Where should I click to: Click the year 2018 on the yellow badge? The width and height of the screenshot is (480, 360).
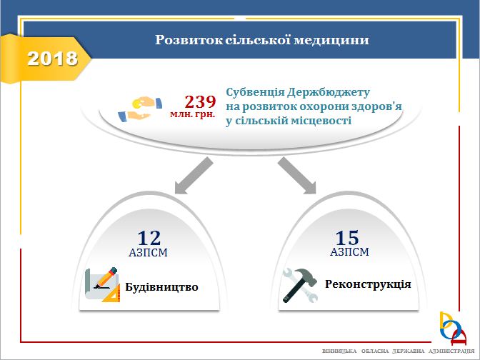point(52,59)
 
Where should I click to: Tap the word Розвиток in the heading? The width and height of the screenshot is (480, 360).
point(189,40)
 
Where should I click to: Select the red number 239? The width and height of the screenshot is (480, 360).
point(201,101)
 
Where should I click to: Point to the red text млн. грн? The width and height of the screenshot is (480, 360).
point(193,114)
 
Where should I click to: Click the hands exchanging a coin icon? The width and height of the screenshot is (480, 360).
point(140,109)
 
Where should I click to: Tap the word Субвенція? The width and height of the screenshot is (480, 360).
point(255,92)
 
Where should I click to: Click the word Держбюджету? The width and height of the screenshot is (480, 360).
point(329,92)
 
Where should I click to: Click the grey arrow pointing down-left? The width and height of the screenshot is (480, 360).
point(193,176)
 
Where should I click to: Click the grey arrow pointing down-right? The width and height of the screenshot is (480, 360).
point(297,176)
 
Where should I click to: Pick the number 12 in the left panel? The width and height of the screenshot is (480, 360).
point(149,238)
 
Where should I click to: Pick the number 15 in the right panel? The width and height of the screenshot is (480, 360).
point(347,238)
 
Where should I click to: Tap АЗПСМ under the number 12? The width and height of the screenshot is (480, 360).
point(148,253)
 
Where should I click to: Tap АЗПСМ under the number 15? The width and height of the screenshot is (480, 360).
point(349,252)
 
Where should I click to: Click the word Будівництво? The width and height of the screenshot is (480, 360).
point(161,287)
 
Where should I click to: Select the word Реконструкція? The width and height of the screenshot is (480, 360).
point(368,284)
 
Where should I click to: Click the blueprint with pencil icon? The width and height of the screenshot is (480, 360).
point(103,284)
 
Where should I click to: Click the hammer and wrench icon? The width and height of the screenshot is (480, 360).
point(301,285)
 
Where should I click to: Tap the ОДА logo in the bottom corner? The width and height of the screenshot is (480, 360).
point(453,329)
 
